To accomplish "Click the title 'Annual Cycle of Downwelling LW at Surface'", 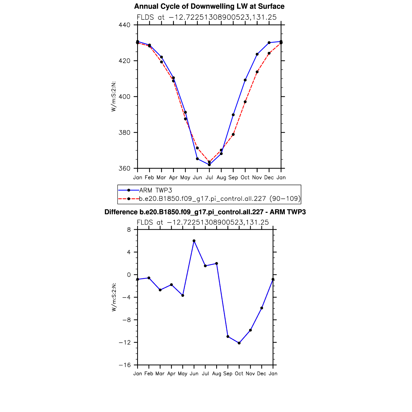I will [209, 6].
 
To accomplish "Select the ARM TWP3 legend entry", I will [155, 190].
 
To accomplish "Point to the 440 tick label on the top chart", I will [124, 25].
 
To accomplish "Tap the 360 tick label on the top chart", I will [124, 169].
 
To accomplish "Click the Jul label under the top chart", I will [209, 177].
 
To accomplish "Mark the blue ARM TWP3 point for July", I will [209, 165].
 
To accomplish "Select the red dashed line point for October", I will [245, 102].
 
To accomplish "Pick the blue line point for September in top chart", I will [233, 115].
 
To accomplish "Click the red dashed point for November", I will [257, 72].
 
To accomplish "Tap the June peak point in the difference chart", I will [194, 241].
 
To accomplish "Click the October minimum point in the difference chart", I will [239, 343].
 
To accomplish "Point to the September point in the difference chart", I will [228, 336].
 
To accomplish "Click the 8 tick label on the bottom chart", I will [129, 230].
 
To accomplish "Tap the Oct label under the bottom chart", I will [239, 374].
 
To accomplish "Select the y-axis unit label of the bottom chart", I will [114, 297].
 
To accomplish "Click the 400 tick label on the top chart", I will [124, 97].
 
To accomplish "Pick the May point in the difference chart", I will [183, 295].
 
